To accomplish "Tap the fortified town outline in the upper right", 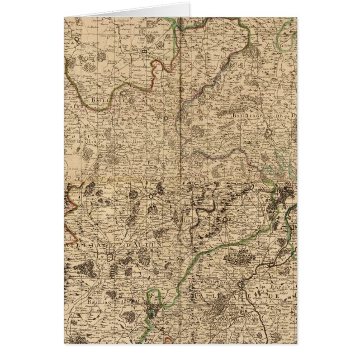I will click(271, 134).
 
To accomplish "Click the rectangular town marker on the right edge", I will click(293, 229).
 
